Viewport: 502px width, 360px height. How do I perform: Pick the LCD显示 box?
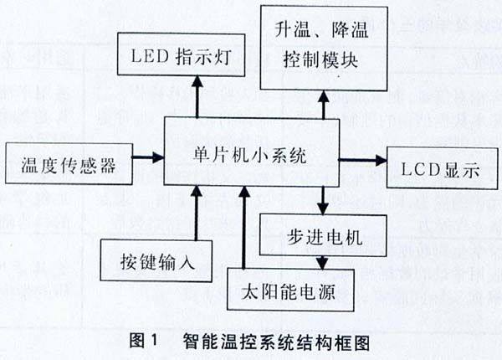click(x=433, y=166)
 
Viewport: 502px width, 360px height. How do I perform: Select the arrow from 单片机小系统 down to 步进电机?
click(x=324, y=199)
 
